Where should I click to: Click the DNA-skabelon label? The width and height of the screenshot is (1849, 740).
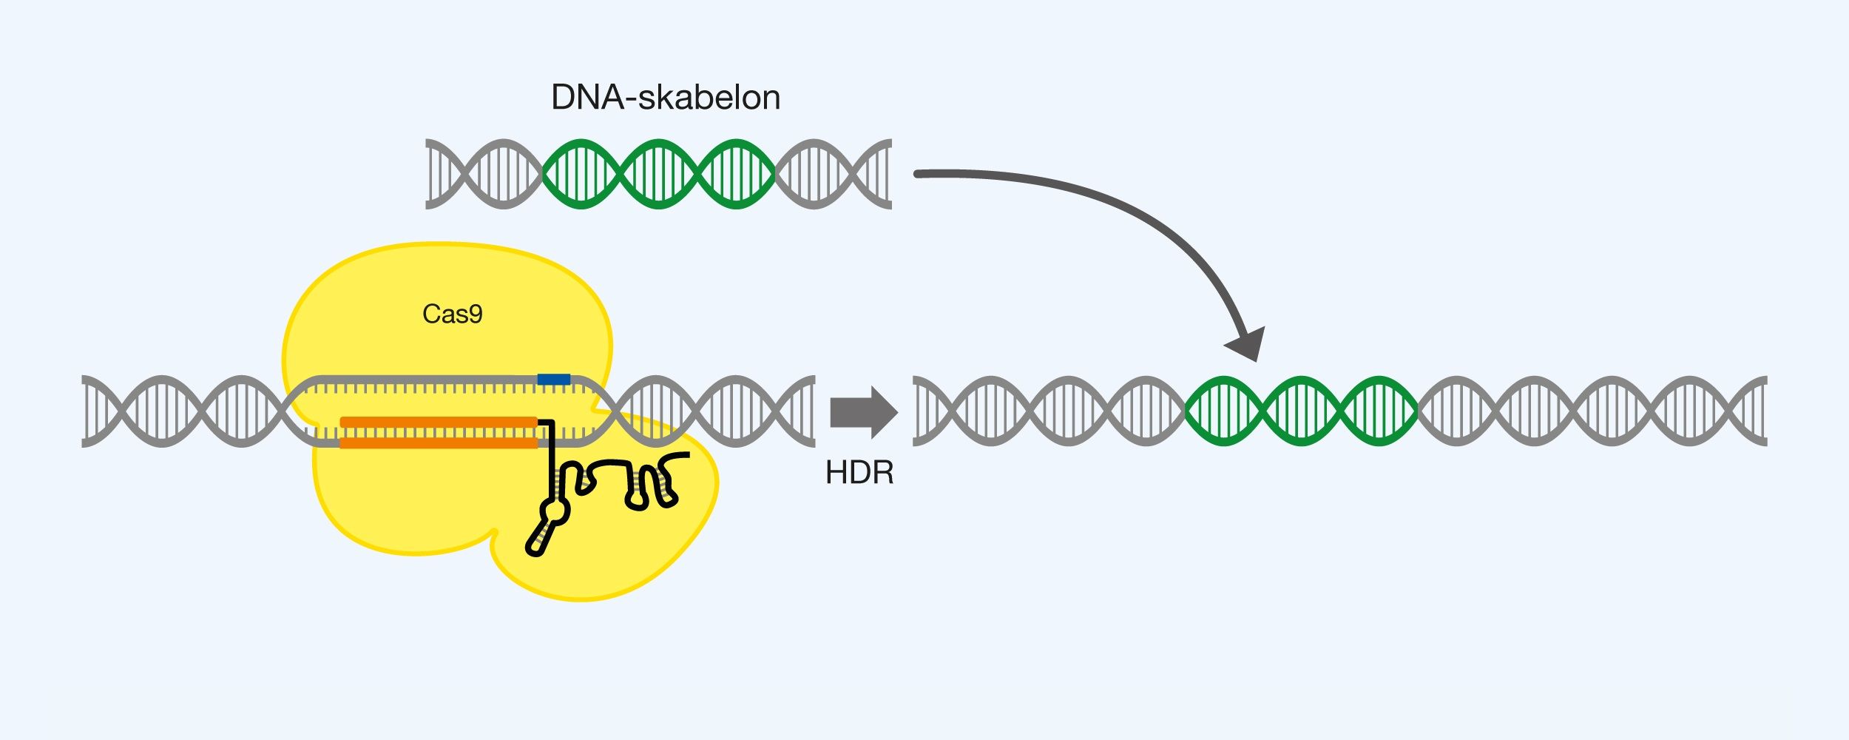(665, 98)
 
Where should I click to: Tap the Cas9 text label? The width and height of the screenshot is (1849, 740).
(452, 314)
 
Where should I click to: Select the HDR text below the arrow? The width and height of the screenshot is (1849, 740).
(859, 473)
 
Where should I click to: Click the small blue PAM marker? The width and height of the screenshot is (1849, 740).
(553, 380)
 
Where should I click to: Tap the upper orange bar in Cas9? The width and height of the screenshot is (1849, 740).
(439, 422)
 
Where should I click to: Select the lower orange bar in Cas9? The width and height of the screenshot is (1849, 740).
(439, 443)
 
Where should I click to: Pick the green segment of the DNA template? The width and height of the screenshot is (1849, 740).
(658, 174)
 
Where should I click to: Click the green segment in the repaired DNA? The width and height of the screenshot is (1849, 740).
(1302, 411)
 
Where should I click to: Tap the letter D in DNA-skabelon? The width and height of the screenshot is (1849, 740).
(564, 98)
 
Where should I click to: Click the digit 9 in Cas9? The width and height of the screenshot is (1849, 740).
(476, 315)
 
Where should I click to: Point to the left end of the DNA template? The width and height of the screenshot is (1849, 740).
(429, 174)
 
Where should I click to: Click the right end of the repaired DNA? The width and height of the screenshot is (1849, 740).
(1763, 411)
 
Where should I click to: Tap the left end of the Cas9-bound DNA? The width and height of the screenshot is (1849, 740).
(86, 411)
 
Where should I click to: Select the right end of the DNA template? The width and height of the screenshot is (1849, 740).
(888, 174)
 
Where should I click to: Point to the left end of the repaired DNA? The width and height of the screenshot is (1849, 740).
(917, 411)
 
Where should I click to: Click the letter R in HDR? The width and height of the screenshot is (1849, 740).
(882, 473)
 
